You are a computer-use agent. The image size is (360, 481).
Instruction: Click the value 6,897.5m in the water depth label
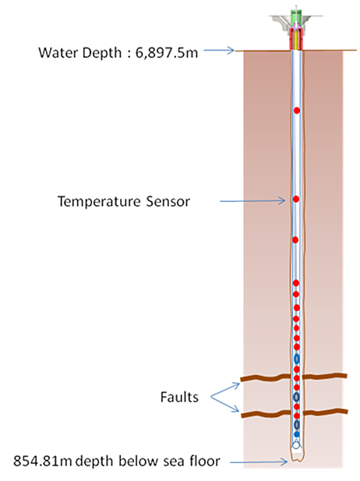[x=167, y=53]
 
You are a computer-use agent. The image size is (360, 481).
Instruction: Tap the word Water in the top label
[x=58, y=52]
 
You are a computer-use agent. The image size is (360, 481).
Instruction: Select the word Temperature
[x=99, y=202]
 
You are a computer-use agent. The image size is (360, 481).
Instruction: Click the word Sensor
[x=168, y=202]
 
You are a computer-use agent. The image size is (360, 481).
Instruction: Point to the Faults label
[x=179, y=397]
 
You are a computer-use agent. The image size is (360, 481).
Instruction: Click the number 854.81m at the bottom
[x=42, y=461]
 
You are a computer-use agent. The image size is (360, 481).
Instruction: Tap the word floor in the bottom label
[x=205, y=461]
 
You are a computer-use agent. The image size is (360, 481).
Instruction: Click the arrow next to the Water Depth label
[x=219, y=51]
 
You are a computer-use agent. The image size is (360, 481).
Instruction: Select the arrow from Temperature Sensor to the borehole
[x=252, y=201]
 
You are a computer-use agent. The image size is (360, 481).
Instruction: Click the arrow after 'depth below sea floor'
[x=259, y=462]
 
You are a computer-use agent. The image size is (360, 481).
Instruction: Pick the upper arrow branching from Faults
[x=225, y=390]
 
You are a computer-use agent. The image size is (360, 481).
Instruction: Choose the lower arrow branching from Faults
[x=224, y=405]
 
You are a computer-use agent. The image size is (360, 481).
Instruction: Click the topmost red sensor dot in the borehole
[x=297, y=111]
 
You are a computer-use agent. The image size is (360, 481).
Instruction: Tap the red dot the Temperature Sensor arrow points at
[x=296, y=200]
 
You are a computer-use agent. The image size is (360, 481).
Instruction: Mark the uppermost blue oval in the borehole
[x=297, y=359]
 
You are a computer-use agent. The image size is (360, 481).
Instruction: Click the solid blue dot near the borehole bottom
[x=297, y=434]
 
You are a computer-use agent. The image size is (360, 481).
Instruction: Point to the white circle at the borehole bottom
[x=296, y=445]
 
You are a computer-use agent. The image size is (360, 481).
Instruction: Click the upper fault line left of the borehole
[x=266, y=377]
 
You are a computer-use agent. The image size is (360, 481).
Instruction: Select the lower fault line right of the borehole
[x=326, y=412]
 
